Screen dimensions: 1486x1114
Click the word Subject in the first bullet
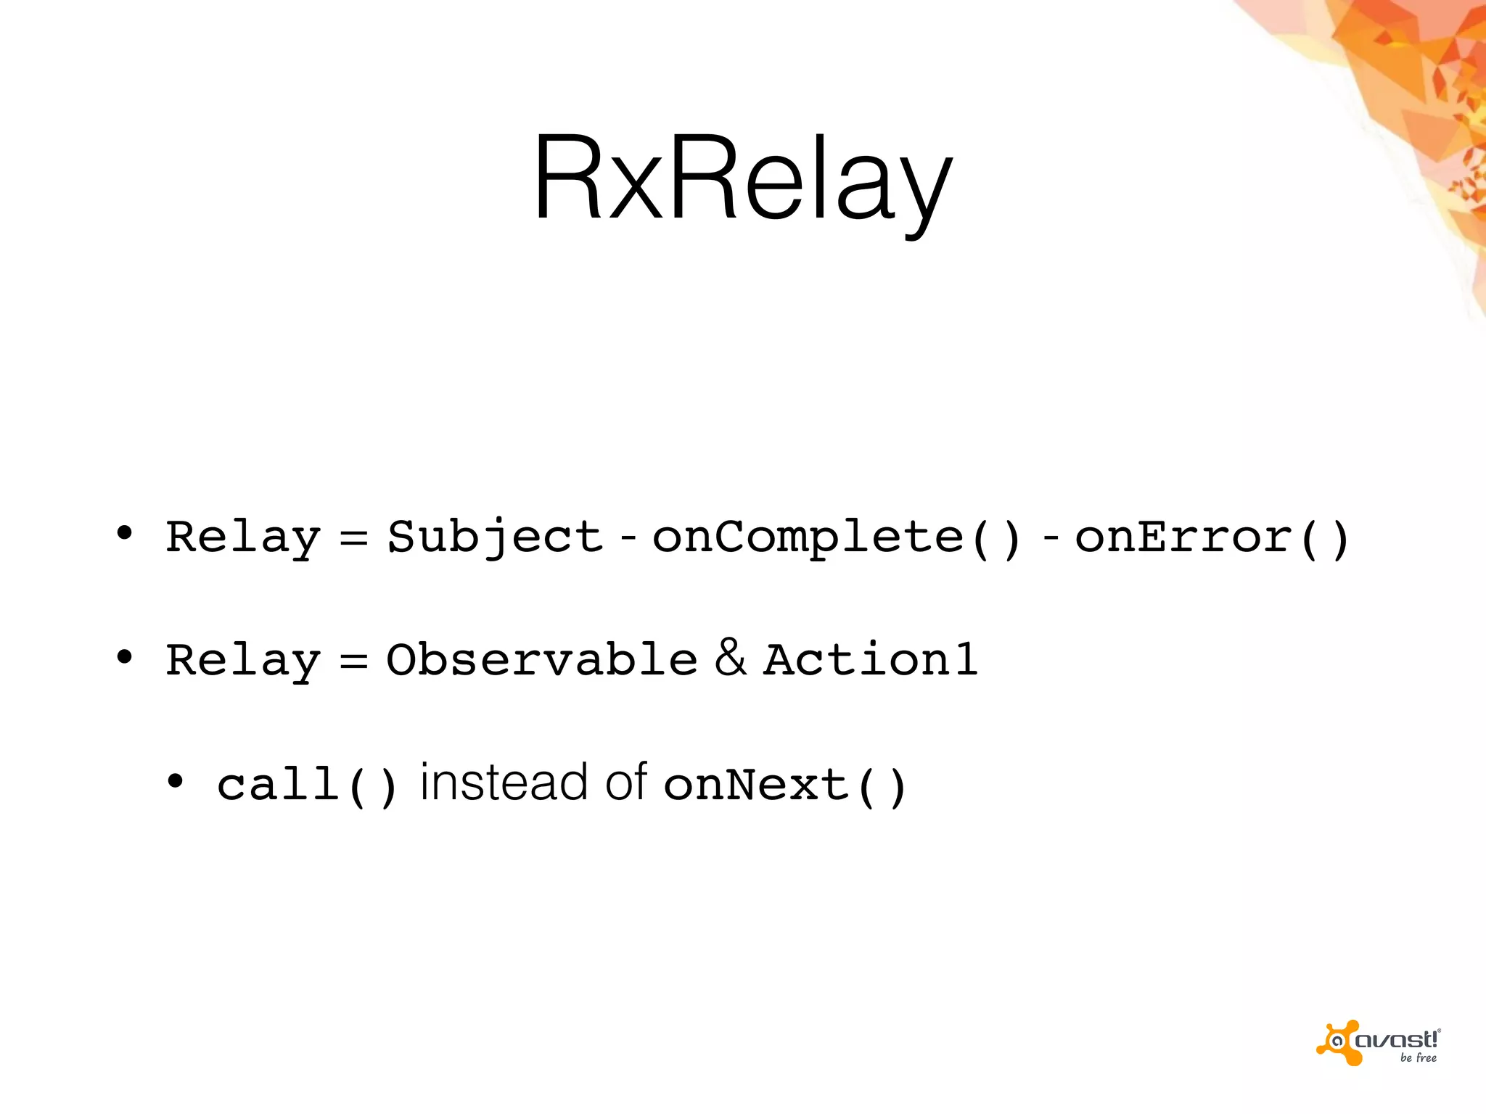496,537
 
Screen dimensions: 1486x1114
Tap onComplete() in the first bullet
837,537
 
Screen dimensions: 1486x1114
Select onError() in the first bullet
1211,537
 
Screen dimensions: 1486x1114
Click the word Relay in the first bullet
243,537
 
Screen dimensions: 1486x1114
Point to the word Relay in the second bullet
243,661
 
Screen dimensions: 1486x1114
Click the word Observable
541,659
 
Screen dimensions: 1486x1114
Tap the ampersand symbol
730,657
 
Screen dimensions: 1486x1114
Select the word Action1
871,659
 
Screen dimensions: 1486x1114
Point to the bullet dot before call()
175,782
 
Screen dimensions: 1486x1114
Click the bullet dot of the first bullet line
125,534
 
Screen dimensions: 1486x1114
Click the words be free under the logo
1418,1058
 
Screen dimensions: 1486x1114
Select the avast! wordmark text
1397,1039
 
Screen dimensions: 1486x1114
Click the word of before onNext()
626,783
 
